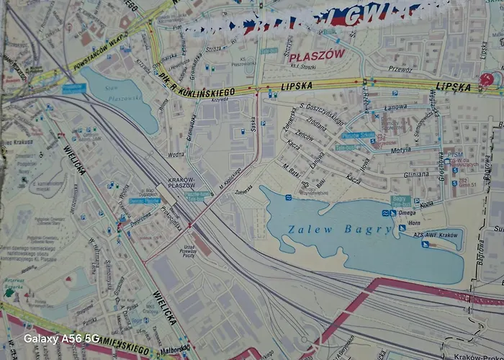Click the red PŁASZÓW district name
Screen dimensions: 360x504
(x=318, y=55)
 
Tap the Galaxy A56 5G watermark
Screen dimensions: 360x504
(x=61, y=338)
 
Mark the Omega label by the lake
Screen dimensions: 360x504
(x=408, y=212)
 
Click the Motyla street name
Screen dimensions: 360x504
(x=400, y=152)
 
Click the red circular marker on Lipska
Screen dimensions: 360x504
(x=487, y=79)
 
